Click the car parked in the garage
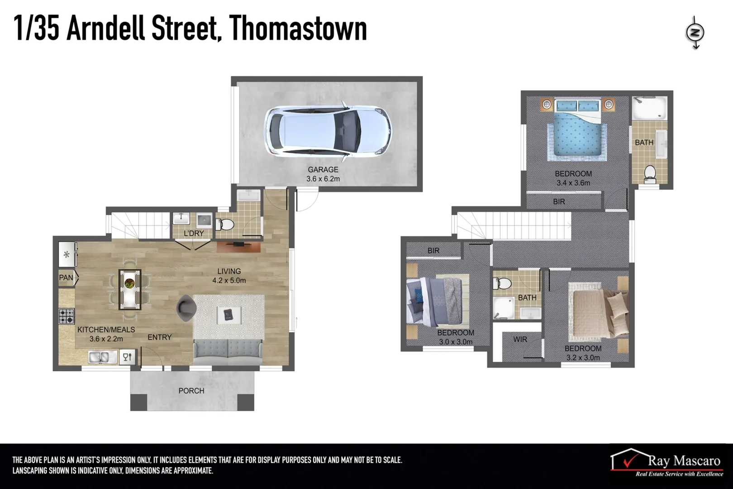click(x=328, y=131)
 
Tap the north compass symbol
click(x=695, y=33)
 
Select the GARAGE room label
click(x=323, y=169)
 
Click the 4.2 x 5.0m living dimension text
click(x=229, y=281)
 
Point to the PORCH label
click(x=191, y=391)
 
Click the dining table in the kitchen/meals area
click(x=130, y=290)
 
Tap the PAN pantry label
click(x=66, y=278)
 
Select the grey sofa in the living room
click(x=228, y=352)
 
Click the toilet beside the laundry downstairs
click(x=225, y=225)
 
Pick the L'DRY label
click(x=194, y=233)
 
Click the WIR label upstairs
click(x=520, y=339)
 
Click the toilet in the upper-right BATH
click(x=650, y=173)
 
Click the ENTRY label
click(x=159, y=337)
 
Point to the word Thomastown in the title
click(x=298, y=28)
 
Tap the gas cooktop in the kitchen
click(x=66, y=316)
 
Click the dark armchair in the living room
click(x=186, y=307)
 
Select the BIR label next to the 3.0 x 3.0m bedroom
click(x=433, y=250)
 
